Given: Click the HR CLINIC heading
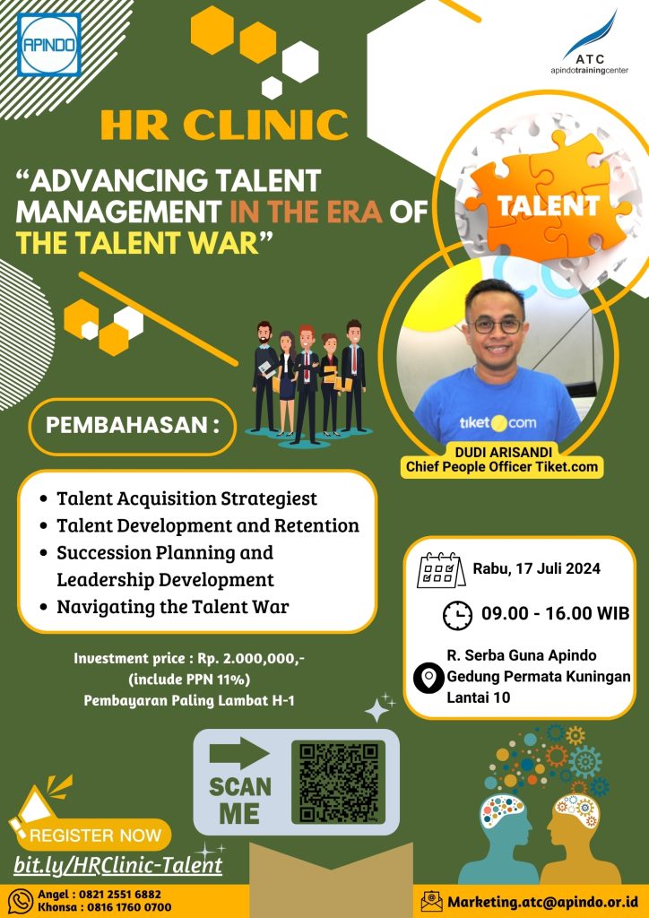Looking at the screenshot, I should coord(224,125).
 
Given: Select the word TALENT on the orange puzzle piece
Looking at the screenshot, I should coord(549,205).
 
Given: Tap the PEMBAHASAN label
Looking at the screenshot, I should coord(132,424).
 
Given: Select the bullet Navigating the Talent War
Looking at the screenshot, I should coord(172,606).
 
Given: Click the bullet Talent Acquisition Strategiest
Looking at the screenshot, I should coord(186,498).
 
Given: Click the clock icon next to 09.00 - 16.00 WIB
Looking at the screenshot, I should coord(458,615).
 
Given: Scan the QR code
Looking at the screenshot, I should coord(338,781).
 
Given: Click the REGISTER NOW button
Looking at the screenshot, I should coord(95,836).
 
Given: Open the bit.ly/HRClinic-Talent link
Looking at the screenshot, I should coord(117,865).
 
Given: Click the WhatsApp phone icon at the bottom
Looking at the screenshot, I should coord(20,899).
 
